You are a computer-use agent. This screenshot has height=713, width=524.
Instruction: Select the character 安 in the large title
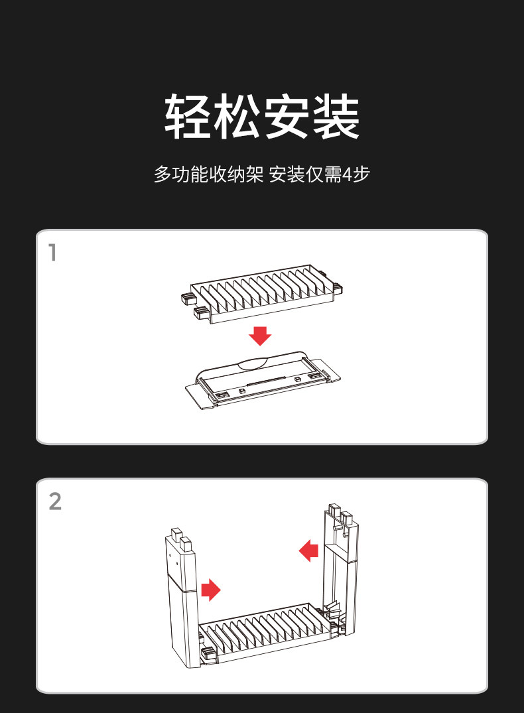287,117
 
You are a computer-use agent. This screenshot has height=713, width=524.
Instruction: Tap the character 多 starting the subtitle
163,174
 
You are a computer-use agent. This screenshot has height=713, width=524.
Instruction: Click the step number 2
55,501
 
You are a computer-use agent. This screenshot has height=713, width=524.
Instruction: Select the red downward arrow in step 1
260,335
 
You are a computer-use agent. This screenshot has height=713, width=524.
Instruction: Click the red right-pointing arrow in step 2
210,588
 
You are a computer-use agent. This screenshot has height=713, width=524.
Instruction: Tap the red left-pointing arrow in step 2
308,550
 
